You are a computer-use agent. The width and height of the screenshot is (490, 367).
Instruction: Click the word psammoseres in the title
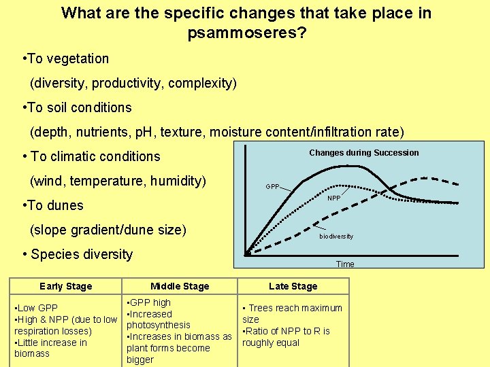pos(242,33)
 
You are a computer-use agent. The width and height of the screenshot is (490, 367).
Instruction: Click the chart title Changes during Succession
pos(363,153)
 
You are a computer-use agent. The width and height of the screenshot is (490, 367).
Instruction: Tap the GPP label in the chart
pos(272,186)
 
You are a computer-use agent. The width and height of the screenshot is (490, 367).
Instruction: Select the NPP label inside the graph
pos(333,198)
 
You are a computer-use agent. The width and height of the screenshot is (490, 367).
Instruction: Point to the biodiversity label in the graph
pos(336,237)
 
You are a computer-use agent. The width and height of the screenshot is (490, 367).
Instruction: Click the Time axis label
pos(345,264)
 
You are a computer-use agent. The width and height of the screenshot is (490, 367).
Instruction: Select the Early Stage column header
pos(65,286)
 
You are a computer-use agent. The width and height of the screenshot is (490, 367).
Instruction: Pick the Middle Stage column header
pos(180,286)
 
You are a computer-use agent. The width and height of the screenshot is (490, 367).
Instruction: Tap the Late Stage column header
pos(293,286)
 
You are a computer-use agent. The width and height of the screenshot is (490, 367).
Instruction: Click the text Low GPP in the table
pos(37,308)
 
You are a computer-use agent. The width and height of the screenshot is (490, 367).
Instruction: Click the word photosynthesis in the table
pos(158,325)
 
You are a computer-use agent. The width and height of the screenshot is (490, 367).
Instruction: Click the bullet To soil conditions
pos(77,107)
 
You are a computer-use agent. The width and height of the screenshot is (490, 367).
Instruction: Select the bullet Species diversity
pos(78,254)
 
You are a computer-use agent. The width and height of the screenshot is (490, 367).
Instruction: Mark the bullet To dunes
pos(53,205)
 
